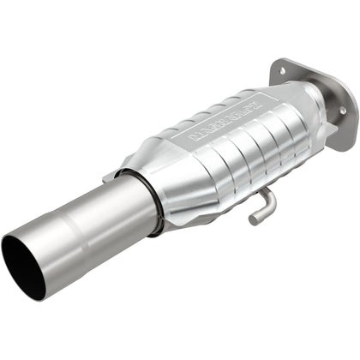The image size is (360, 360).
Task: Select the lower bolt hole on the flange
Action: [x=342, y=110]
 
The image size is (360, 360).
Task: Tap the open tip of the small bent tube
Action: [x=254, y=220]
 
